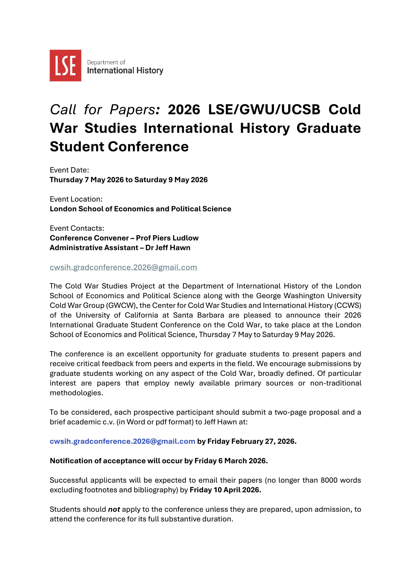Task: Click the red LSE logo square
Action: coord(65,65)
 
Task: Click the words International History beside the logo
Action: coord(125,71)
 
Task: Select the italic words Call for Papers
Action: coord(103,110)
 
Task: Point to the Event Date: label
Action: coord(69,170)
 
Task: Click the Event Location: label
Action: coord(76,199)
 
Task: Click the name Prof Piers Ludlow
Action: coord(167,238)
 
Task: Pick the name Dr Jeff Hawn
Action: coord(168,247)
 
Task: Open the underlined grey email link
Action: coord(123,267)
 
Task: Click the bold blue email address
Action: coord(122,441)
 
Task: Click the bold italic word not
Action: coord(114,509)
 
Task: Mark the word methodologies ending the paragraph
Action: coord(76,393)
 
